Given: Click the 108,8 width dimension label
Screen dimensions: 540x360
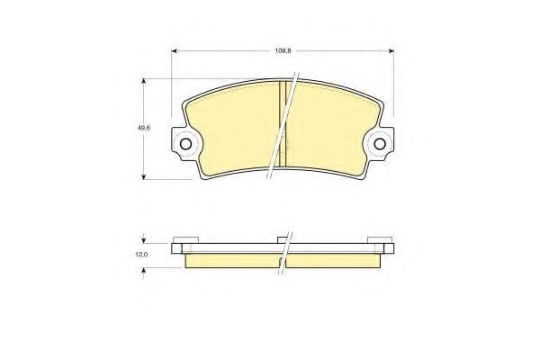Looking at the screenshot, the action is (283, 50).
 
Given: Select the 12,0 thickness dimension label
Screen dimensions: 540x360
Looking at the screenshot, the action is (141, 255).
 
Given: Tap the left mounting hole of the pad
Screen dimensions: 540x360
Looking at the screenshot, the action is (185, 144).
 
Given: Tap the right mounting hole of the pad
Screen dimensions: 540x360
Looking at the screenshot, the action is (380, 144).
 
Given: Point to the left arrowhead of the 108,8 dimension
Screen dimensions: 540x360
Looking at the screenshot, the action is (175, 51).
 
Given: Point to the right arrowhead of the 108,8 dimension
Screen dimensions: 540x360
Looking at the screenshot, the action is (391, 51).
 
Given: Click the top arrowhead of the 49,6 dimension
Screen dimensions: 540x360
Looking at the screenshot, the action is (144, 81).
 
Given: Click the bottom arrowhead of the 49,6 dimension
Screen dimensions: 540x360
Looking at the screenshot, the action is (144, 176).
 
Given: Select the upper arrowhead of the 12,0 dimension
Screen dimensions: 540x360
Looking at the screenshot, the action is (144, 240).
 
